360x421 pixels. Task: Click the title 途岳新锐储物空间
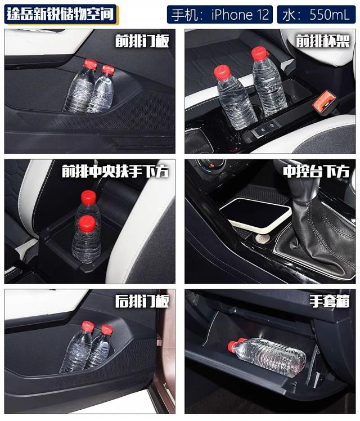tap(61, 14)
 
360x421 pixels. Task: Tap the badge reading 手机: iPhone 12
tap(220, 15)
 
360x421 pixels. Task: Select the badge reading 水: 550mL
tap(316, 15)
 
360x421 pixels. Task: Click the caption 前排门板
tap(142, 41)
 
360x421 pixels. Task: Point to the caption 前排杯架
tap(323, 41)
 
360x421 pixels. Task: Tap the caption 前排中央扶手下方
tap(115, 171)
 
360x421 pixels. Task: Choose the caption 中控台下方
tap(316, 171)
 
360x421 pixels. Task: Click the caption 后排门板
tap(142, 301)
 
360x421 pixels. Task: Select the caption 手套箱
tap(330, 301)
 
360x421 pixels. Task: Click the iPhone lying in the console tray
tap(255, 214)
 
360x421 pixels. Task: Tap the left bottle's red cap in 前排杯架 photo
tap(222, 73)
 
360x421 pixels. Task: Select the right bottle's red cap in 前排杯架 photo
tap(259, 53)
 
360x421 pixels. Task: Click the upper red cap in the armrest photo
tap(88, 198)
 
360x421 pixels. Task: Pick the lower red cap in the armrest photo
tap(87, 223)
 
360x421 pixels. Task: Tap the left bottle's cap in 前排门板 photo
tap(90, 64)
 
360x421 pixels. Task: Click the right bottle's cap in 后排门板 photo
tap(106, 330)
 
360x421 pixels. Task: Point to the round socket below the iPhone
tap(262, 238)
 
